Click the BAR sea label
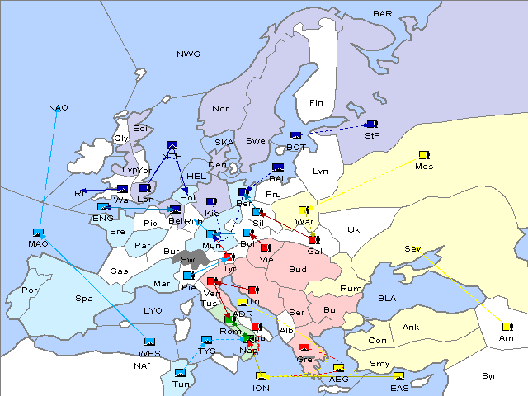pos(382,14)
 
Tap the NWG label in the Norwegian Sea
pos(188,54)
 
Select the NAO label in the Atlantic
pos(59,108)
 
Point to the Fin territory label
pos(316,103)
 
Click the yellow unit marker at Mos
pos(424,154)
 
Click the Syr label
pos(489,376)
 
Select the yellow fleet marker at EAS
pos(399,377)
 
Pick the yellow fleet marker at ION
pos(261,377)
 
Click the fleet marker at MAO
pos(38,233)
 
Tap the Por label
pos(31,290)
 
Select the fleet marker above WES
pos(149,342)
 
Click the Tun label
pos(181,384)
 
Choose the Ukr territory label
pos(356,230)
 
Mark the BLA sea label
pos(387,297)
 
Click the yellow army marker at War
pos(304,210)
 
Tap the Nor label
pos(220,108)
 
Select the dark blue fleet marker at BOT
pos(295,136)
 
